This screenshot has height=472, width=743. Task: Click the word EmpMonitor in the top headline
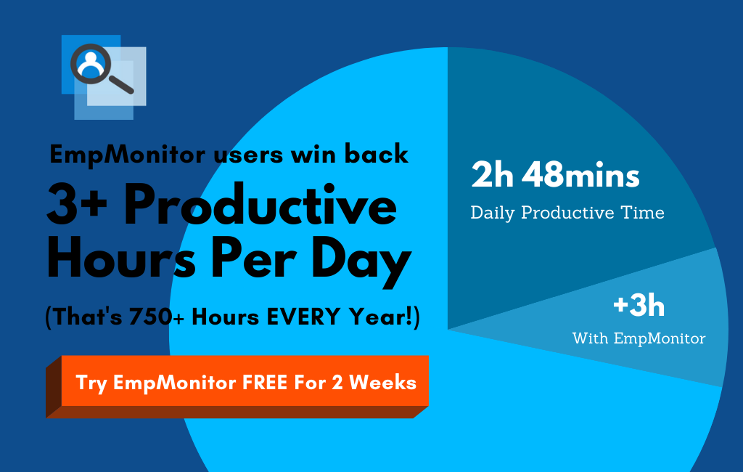[x=128, y=155]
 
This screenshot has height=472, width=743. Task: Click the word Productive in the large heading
[x=260, y=205]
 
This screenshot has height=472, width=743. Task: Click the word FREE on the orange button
[x=265, y=383]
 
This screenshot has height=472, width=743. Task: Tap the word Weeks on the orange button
[x=383, y=383]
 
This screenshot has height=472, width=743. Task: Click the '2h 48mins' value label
[x=555, y=174]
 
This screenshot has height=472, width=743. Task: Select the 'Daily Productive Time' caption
[x=567, y=213]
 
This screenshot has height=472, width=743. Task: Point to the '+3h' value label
[x=639, y=306]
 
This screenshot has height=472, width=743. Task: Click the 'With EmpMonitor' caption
[x=639, y=338]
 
